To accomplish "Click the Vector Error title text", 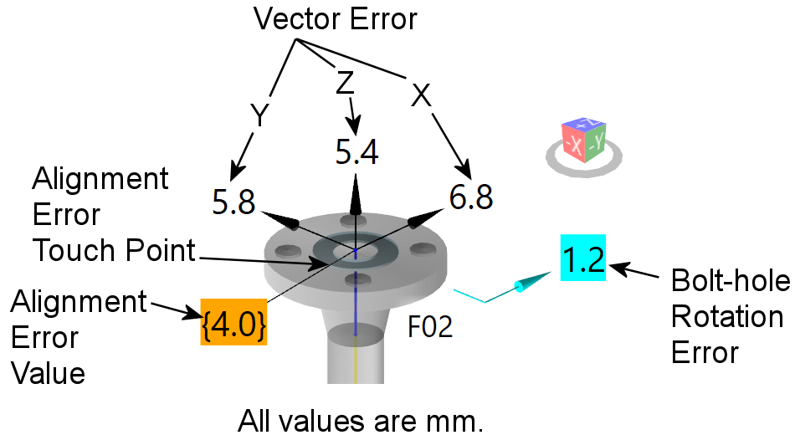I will pos(336,18).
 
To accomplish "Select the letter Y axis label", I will pos(260,116).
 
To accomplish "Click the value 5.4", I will pos(356,151).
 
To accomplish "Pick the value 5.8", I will pos(234,202).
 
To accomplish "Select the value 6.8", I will pos(470,198).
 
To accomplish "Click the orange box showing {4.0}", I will pos(233,320).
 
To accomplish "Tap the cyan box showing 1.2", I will pos(582,259).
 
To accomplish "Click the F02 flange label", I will pos(430,326).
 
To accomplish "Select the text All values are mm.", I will pos(362,419).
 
